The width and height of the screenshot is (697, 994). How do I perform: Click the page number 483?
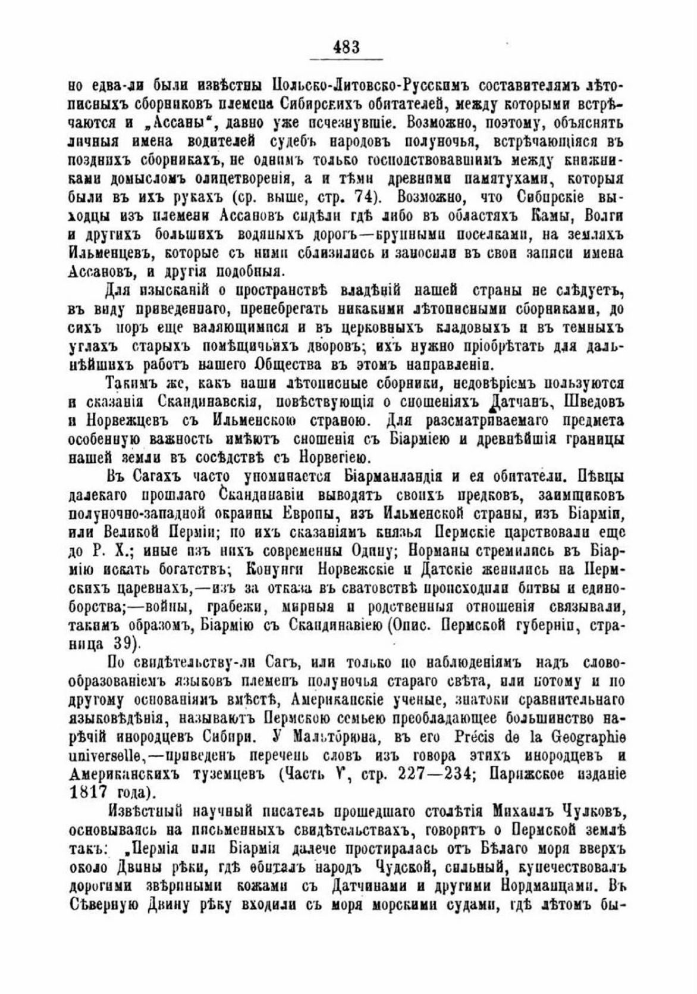click(347, 46)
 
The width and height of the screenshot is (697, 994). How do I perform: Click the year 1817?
click(87, 793)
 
